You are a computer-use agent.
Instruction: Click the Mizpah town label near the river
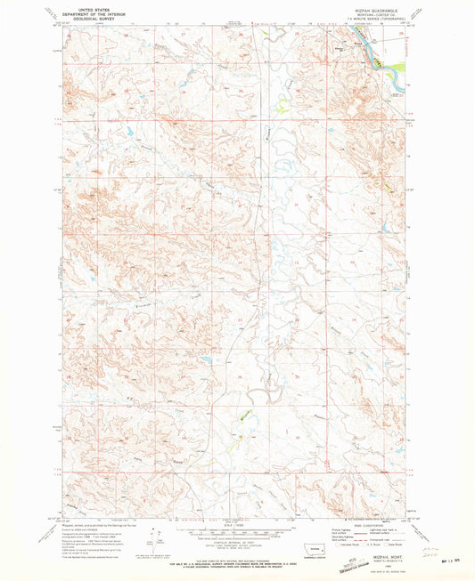pyautogui.click(x=357, y=40)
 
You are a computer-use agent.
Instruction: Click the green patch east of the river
pyautogui.click(x=397, y=67)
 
